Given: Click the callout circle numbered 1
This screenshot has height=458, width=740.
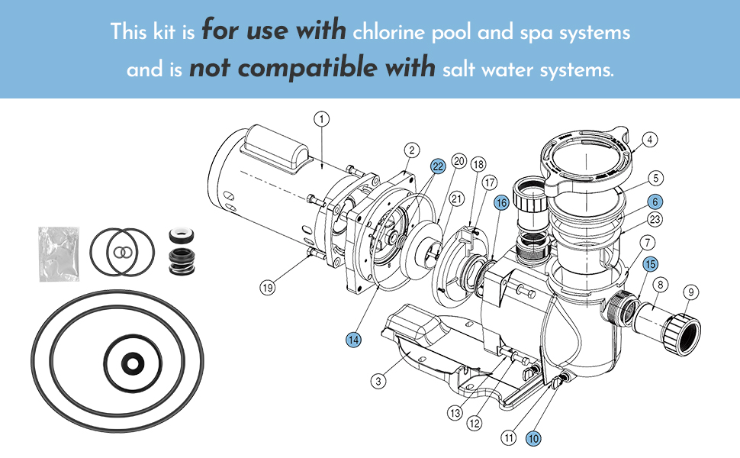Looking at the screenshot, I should (x=322, y=118).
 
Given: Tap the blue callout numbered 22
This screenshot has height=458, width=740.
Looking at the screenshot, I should (x=437, y=166).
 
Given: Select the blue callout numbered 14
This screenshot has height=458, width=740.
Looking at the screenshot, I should (x=353, y=340).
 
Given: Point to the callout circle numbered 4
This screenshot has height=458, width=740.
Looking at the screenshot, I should (x=649, y=140).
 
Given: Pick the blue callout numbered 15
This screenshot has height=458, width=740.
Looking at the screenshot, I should (x=649, y=264).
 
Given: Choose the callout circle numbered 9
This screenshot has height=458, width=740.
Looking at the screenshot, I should (x=690, y=291).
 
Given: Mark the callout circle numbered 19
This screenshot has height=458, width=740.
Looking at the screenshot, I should (x=267, y=288).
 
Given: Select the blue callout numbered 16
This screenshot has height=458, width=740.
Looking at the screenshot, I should (x=500, y=202).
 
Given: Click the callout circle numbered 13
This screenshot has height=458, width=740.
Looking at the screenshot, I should (x=455, y=413).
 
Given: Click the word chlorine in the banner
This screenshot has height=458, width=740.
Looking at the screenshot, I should (x=391, y=33).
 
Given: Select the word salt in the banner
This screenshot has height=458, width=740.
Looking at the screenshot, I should (x=459, y=70).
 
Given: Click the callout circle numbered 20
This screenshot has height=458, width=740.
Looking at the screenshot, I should (x=458, y=161).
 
